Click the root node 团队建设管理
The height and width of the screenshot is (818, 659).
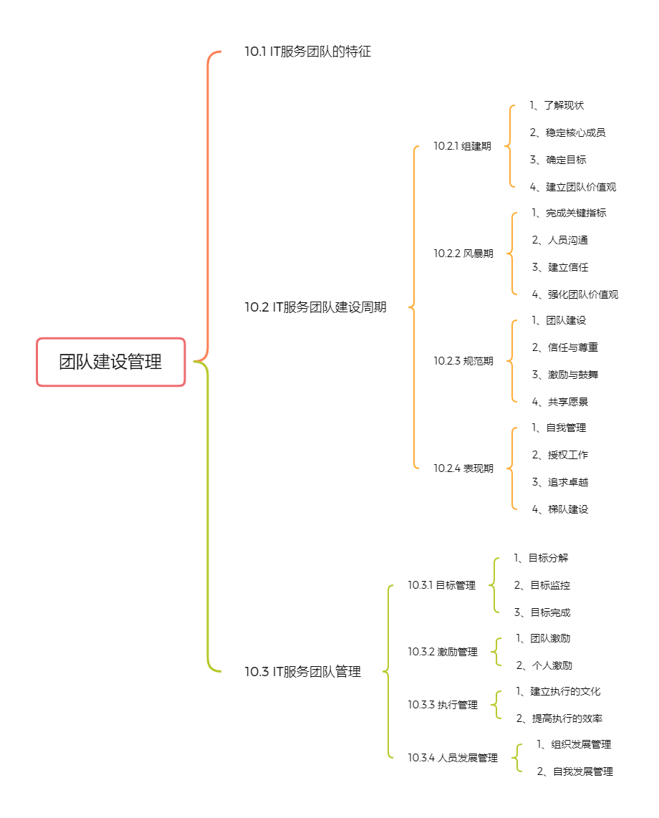coord(110,362)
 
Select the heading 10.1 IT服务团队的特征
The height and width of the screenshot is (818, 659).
coord(308,52)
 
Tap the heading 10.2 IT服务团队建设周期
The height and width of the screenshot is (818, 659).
coord(316,307)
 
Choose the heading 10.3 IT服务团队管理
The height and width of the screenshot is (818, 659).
coord(302,671)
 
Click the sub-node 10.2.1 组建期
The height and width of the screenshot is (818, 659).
coord(462,146)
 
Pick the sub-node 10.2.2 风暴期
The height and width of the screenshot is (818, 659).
coord(463,254)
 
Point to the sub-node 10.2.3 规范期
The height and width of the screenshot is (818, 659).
coord(463,361)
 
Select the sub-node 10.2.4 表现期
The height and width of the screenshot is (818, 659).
coord(463,468)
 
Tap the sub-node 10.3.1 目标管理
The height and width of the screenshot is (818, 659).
coord(441,585)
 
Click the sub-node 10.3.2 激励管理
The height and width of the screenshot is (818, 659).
coord(443,652)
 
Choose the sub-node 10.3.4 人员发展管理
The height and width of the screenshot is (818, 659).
coord(453,758)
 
